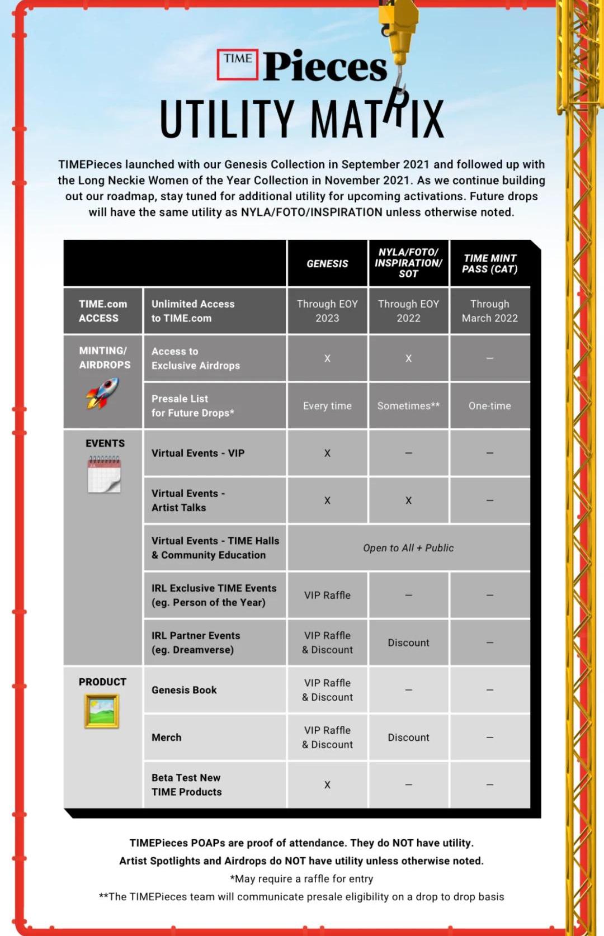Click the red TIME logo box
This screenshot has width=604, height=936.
coord(238,64)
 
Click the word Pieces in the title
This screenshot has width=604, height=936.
coord(325,67)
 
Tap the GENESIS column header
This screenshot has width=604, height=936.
coord(327,263)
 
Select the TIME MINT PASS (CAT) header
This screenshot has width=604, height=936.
coord(490,263)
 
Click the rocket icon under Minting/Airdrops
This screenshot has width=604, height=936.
coord(102,393)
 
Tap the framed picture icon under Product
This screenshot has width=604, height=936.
coord(102,711)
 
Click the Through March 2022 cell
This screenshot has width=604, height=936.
coord(490,311)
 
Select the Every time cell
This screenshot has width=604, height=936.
coord(327,406)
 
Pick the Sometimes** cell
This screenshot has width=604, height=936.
coord(408,406)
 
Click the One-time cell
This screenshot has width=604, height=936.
coord(490,406)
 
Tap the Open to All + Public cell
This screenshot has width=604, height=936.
coord(408,548)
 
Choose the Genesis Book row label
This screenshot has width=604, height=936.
coord(184,690)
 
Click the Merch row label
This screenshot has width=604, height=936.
coord(167,738)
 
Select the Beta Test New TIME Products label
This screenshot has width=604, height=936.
coord(186,784)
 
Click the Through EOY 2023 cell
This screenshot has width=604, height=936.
coord(327,311)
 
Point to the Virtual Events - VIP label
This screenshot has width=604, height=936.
coord(198,453)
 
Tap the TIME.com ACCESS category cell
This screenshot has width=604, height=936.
coord(103,311)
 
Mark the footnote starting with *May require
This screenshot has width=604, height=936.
coord(301,878)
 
